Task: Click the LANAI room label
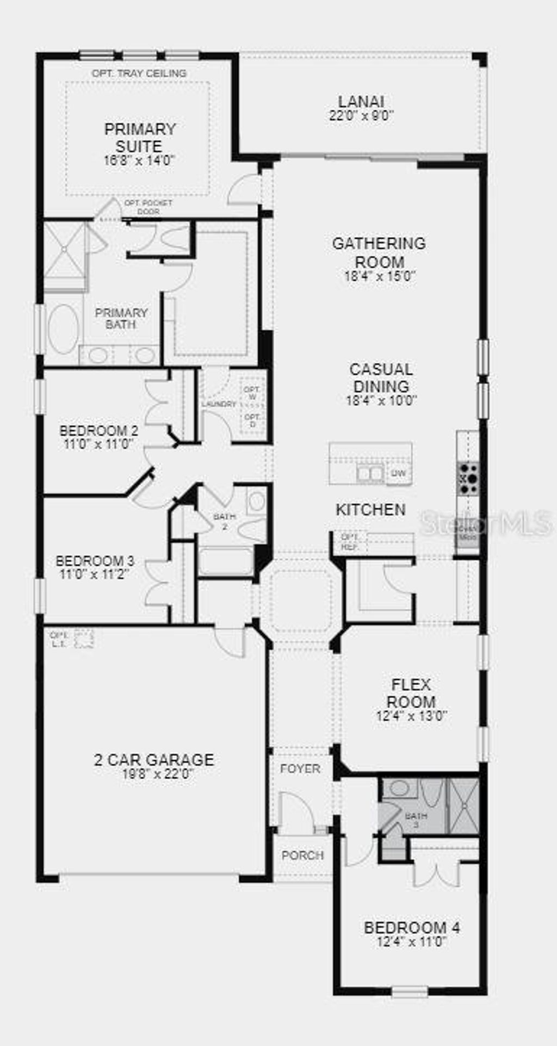(x=361, y=102)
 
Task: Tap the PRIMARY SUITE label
(x=140, y=138)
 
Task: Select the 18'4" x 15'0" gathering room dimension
(x=380, y=276)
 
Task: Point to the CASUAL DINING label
(x=381, y=377)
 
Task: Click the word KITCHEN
(x=370, y=510)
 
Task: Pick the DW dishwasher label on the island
(x=398, y=474)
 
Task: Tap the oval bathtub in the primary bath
(x=64, y=329)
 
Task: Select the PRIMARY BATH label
(x=121, y=318)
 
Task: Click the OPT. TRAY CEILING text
(x=139, y=73)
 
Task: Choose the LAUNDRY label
(x=219, y=404)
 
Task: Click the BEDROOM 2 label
(x=98, y=431)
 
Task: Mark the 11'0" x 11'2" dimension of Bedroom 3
(x=95, y=574)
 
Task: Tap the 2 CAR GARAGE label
(x=154, y=759)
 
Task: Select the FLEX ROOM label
(x=411, y=693)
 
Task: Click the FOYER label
(x=300, y=769)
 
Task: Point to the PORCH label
(x=302, y=855)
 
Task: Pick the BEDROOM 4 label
(x=412, y=927)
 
